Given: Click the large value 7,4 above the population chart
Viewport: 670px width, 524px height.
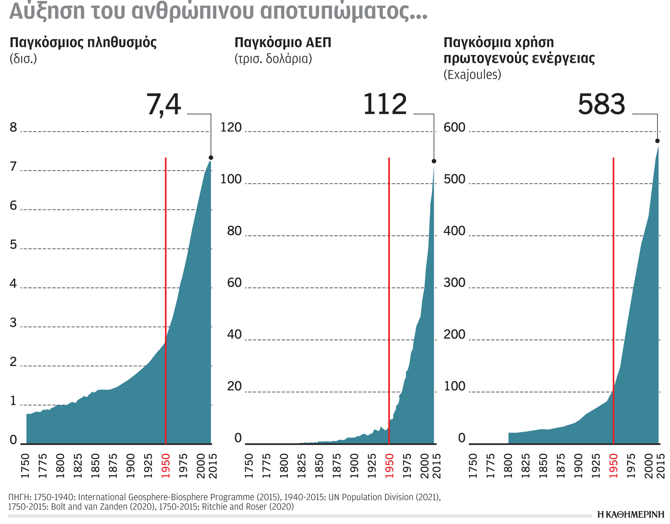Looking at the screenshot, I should [x=163, y=104].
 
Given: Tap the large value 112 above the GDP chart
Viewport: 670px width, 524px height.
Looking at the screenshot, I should [x=385, y=104].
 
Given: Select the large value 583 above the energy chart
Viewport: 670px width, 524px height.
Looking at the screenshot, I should [x=601, y=104].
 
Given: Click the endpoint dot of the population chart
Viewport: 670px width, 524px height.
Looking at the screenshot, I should [x=211, y=158].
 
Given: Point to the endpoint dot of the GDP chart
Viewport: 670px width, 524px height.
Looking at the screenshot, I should [x=434, y=161].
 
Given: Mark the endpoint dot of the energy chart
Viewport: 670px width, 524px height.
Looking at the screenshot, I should [x=657, y=141].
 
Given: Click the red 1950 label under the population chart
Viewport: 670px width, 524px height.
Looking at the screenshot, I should [x=166, y=466].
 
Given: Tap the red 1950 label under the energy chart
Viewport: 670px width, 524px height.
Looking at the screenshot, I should [x=613, y=466].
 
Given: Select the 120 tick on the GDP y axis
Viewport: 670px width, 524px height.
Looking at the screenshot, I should [x=231, y=127].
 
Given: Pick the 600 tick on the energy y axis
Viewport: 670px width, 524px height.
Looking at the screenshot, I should [x=454, y=127].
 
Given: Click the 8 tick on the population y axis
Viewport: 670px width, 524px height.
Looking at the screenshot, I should [x=13, y=127].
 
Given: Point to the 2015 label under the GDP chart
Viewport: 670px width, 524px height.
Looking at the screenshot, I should [x=437, y=466].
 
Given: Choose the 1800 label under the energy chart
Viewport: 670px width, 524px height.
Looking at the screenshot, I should [x=508, y=466].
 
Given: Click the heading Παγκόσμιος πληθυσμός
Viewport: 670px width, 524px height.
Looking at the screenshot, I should [x=83, y=43].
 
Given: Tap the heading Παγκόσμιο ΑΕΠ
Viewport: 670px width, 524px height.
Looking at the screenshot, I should [x=283, y=43].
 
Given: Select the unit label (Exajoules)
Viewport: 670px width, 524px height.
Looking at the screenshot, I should [x=472, y=75].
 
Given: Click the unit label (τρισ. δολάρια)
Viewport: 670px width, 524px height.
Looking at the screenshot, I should [x=273, y=59].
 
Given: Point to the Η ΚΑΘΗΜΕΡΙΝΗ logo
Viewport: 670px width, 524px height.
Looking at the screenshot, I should [x=630, y=515].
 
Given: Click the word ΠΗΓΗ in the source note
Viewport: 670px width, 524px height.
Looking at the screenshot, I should [x=19, y=497].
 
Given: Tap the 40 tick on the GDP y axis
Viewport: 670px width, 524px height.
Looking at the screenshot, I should [x=234, y=335].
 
